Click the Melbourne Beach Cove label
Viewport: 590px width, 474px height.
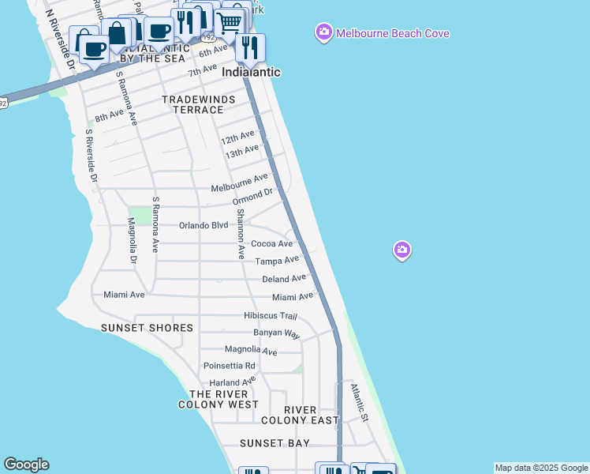coord(392,34)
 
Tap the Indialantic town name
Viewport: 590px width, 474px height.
coord(252,72)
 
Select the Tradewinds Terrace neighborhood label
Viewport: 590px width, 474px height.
coord(193,104)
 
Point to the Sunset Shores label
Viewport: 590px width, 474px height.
coord(147,328)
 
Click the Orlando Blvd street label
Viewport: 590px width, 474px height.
coord(204,225)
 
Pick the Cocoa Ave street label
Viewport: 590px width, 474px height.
coord(271,244)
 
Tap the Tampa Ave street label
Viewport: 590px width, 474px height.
coord(277,261)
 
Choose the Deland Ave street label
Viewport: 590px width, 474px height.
coord(284,279)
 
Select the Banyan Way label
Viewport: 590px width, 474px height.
coord(276,333)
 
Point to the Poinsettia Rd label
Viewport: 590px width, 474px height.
coord(230,366)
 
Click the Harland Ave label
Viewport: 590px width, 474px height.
coord(233,382)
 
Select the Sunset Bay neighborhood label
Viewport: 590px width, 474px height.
coord(274,443)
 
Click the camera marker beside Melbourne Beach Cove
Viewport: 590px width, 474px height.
coord(323,33)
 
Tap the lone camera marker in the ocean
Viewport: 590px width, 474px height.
coord(402,251)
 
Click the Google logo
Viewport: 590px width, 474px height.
coord(26,465)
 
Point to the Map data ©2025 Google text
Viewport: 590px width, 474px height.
coord(541,468)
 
